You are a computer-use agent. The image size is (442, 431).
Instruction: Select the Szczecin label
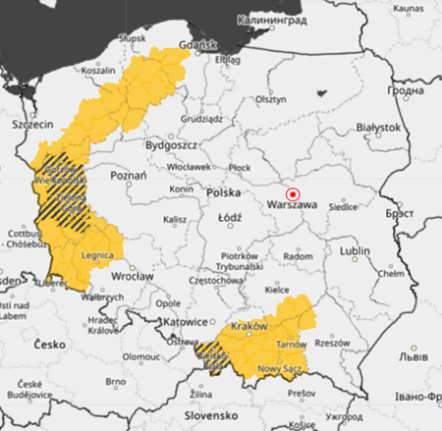point(31,126)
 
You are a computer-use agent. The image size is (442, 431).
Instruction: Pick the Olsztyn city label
point(270,99)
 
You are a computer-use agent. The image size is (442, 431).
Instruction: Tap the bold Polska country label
point(225,193)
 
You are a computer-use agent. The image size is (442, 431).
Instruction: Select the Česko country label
point(48,346)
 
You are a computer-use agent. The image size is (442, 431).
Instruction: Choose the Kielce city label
point(280,290)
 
